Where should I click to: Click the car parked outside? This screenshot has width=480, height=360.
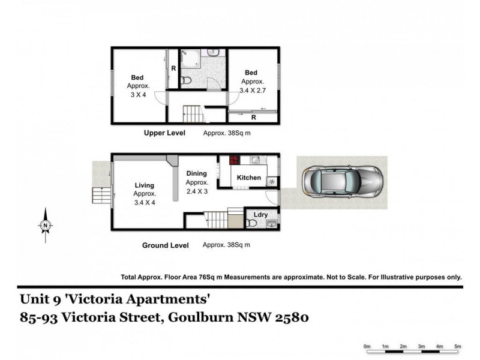342,182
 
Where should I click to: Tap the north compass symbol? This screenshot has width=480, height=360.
46,226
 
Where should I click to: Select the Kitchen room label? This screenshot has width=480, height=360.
249,178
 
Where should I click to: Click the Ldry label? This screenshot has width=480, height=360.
261,214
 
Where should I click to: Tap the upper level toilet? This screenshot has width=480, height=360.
187,80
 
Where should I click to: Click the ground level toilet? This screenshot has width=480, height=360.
252,223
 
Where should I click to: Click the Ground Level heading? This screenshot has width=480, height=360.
165,245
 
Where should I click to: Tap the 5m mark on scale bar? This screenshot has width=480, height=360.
457,347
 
